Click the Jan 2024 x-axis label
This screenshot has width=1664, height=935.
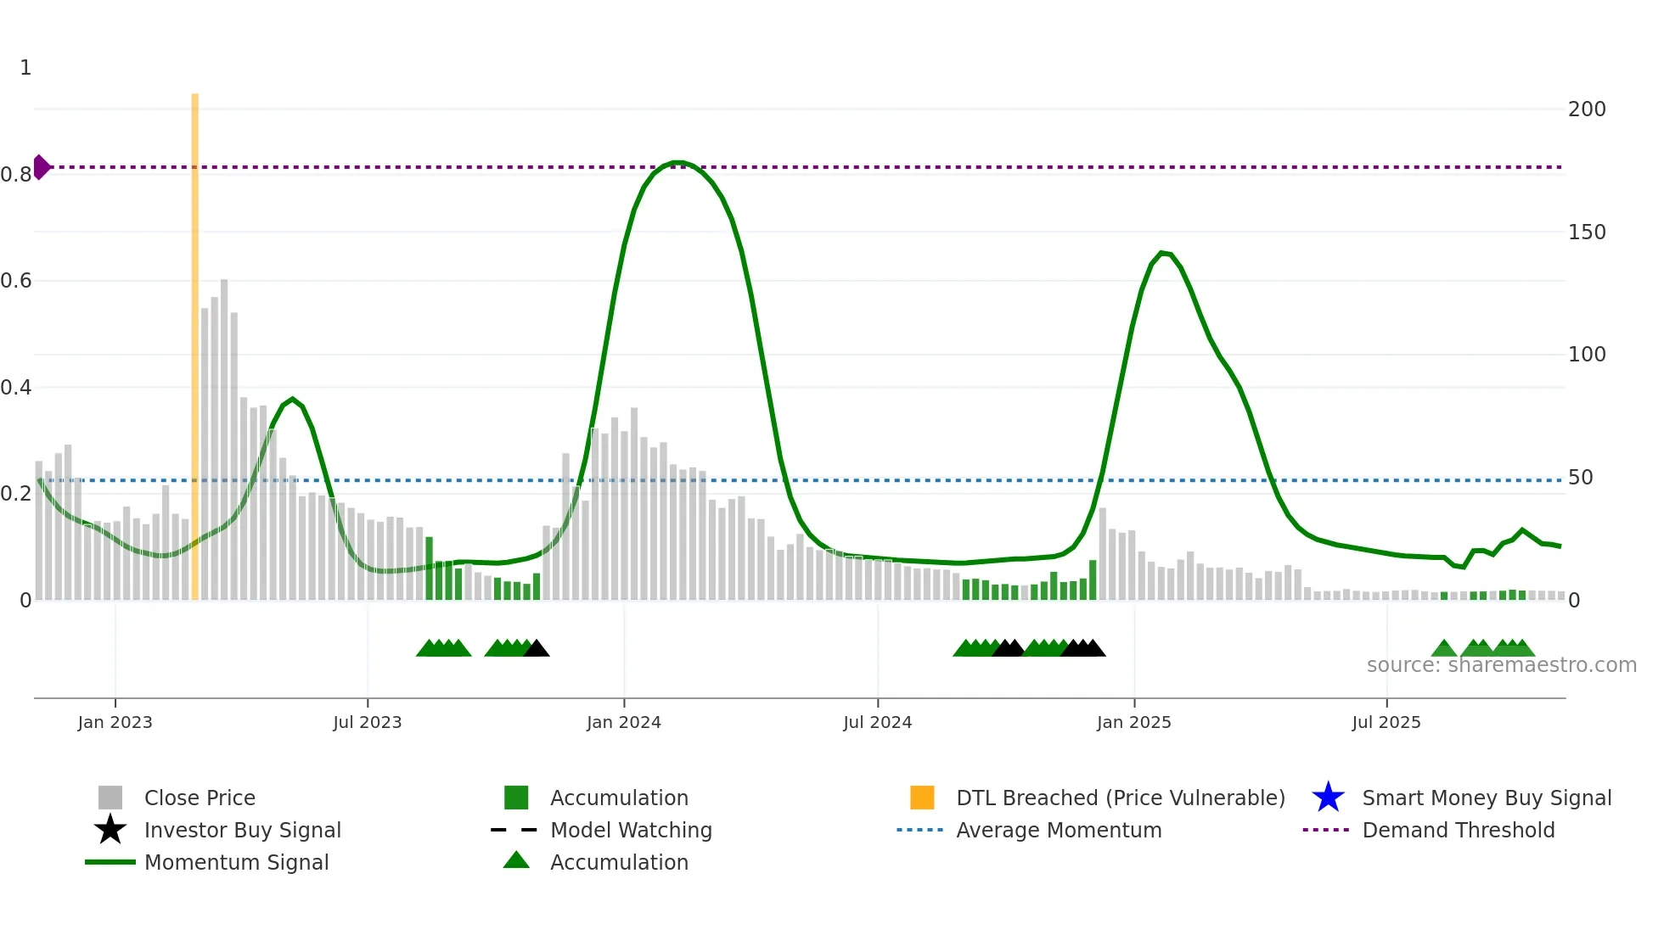(623, 722)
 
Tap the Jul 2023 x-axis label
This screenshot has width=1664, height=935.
(367, 722)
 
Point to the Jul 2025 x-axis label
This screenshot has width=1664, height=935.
(1386, 722)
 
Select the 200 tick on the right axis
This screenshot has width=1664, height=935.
(1586, 109)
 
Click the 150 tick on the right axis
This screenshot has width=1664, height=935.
(1586, 232)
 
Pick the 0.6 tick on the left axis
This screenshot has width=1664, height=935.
(16, 281)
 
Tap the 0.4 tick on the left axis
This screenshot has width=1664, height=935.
(16, 388)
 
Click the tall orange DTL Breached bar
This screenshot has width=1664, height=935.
(194, 339)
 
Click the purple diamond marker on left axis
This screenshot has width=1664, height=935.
(41, 167)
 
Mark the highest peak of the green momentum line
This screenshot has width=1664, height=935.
(677, 162)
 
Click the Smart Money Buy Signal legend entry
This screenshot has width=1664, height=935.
(1486, 798)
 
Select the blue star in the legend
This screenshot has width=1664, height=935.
(1328, 798)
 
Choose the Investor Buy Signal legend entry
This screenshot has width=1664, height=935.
(242, 831)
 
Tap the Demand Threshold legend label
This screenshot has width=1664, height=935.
(1458, 831)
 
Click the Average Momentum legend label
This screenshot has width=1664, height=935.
(1058, 831)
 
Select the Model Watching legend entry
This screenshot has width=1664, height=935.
(631, 831)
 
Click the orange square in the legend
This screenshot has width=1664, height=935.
(922, 798)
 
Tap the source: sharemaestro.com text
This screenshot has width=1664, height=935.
(1501, 665)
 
